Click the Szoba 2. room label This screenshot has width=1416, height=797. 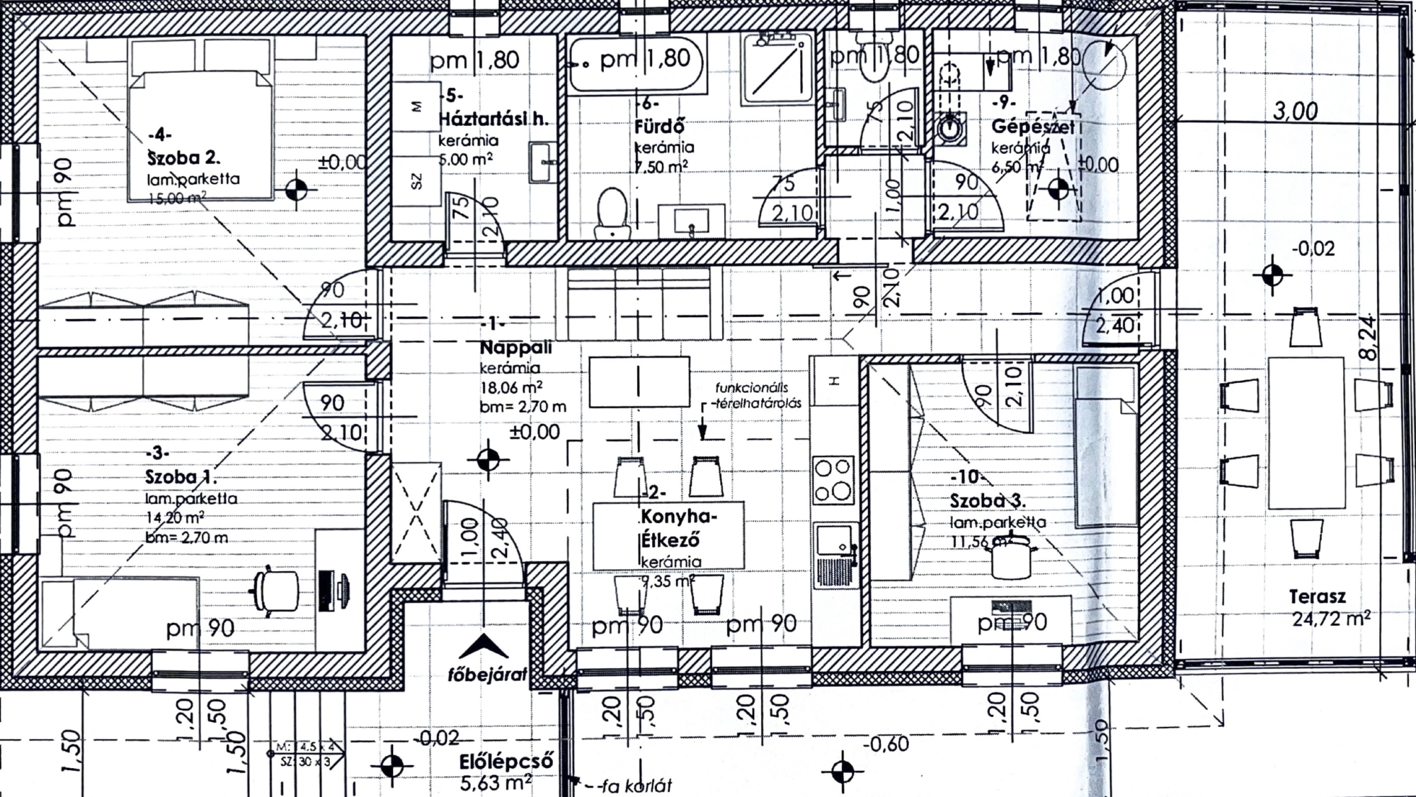[183, 157]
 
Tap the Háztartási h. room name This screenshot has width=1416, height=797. [493, 118]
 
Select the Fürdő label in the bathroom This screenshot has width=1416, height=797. [659, 127]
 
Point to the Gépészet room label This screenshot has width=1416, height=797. [1032, 127]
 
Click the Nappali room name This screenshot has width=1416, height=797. [515, 348]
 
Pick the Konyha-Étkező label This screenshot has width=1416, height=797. [678, 527]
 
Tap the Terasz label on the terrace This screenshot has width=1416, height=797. [1317, 597]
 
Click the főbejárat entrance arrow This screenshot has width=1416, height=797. [484, 647]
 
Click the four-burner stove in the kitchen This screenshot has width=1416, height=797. [833, 479]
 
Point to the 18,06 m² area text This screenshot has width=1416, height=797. [511, 388]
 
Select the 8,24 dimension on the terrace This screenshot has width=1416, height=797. [1369, 338]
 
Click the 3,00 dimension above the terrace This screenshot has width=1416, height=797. [1295, 111]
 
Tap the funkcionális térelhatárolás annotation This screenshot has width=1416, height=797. [756, 396]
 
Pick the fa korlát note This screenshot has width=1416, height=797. [634, 785]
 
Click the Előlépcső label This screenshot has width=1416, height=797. [506, 763]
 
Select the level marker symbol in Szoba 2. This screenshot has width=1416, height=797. [297, 190]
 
